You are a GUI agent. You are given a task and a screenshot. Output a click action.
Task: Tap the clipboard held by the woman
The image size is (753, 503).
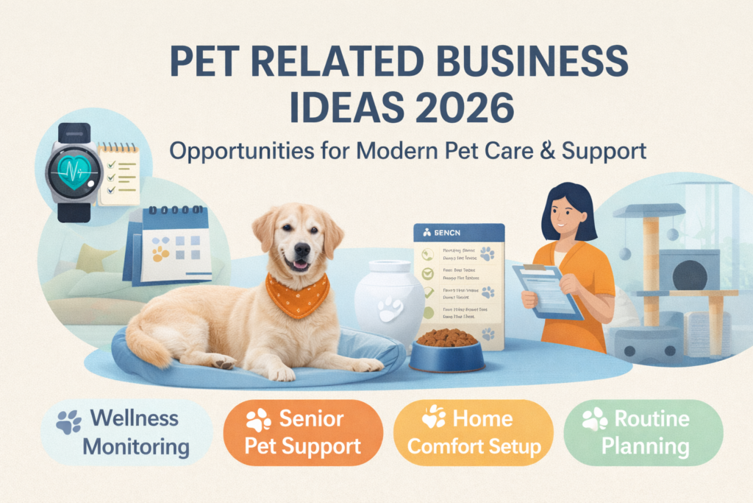coord(547,291)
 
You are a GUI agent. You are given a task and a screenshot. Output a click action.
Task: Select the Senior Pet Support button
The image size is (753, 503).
coord(302,432)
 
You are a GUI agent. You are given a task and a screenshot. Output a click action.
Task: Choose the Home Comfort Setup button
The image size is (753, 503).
coord(474,432)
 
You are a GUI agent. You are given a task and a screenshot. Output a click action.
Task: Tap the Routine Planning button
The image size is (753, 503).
coord(641,432)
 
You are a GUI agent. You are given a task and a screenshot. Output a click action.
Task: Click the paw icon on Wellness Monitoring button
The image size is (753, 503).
coord(71,421)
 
